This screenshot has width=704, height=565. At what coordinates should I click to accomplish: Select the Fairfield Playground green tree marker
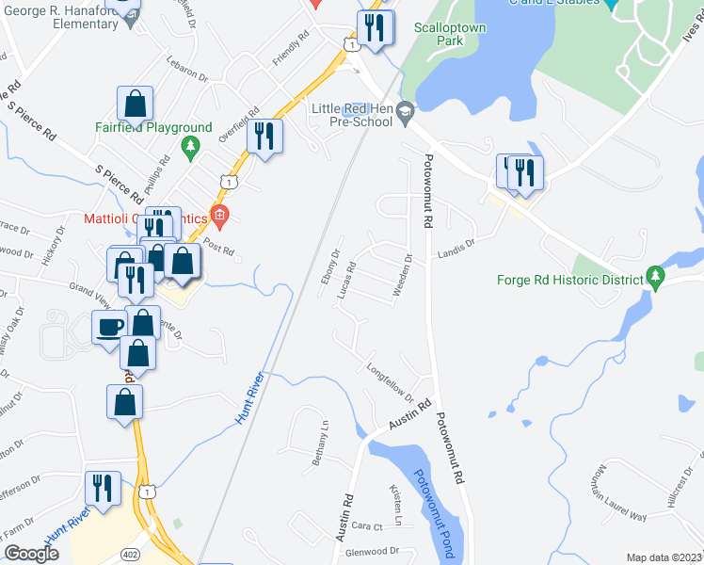pos(192,146)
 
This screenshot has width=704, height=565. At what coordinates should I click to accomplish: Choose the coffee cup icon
pos(109,327)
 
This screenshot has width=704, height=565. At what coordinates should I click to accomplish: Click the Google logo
pos(31,554)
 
